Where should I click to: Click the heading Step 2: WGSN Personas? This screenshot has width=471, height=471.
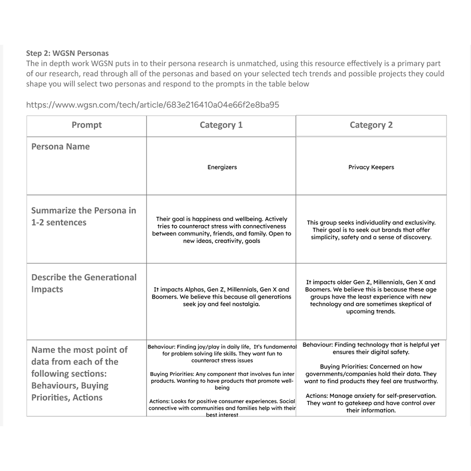click(x=67, y=53)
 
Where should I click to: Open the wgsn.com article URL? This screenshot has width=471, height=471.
click(x=153, y=105)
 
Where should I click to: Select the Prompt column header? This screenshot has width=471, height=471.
click(x=87, y=125)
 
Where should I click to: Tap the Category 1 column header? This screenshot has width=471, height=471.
click(x=221, y=125)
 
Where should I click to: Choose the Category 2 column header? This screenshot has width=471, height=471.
click(x=371, y=125)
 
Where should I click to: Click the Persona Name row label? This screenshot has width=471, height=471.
click(x=60, y=146)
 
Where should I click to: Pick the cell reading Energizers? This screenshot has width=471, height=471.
click(x=222, y=167)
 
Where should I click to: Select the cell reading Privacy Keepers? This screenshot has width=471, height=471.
click(x=371, y=167)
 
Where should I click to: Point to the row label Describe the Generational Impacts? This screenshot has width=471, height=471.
click(x=84, y=283)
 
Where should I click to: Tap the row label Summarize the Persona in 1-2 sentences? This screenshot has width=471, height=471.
click(x=84, y=216)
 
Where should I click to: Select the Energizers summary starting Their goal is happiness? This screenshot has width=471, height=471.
click(x=221, y=230)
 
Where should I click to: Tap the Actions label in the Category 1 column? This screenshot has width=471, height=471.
click(x=159, y=401)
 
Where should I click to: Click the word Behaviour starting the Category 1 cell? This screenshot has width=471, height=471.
click(x=162, y=347)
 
